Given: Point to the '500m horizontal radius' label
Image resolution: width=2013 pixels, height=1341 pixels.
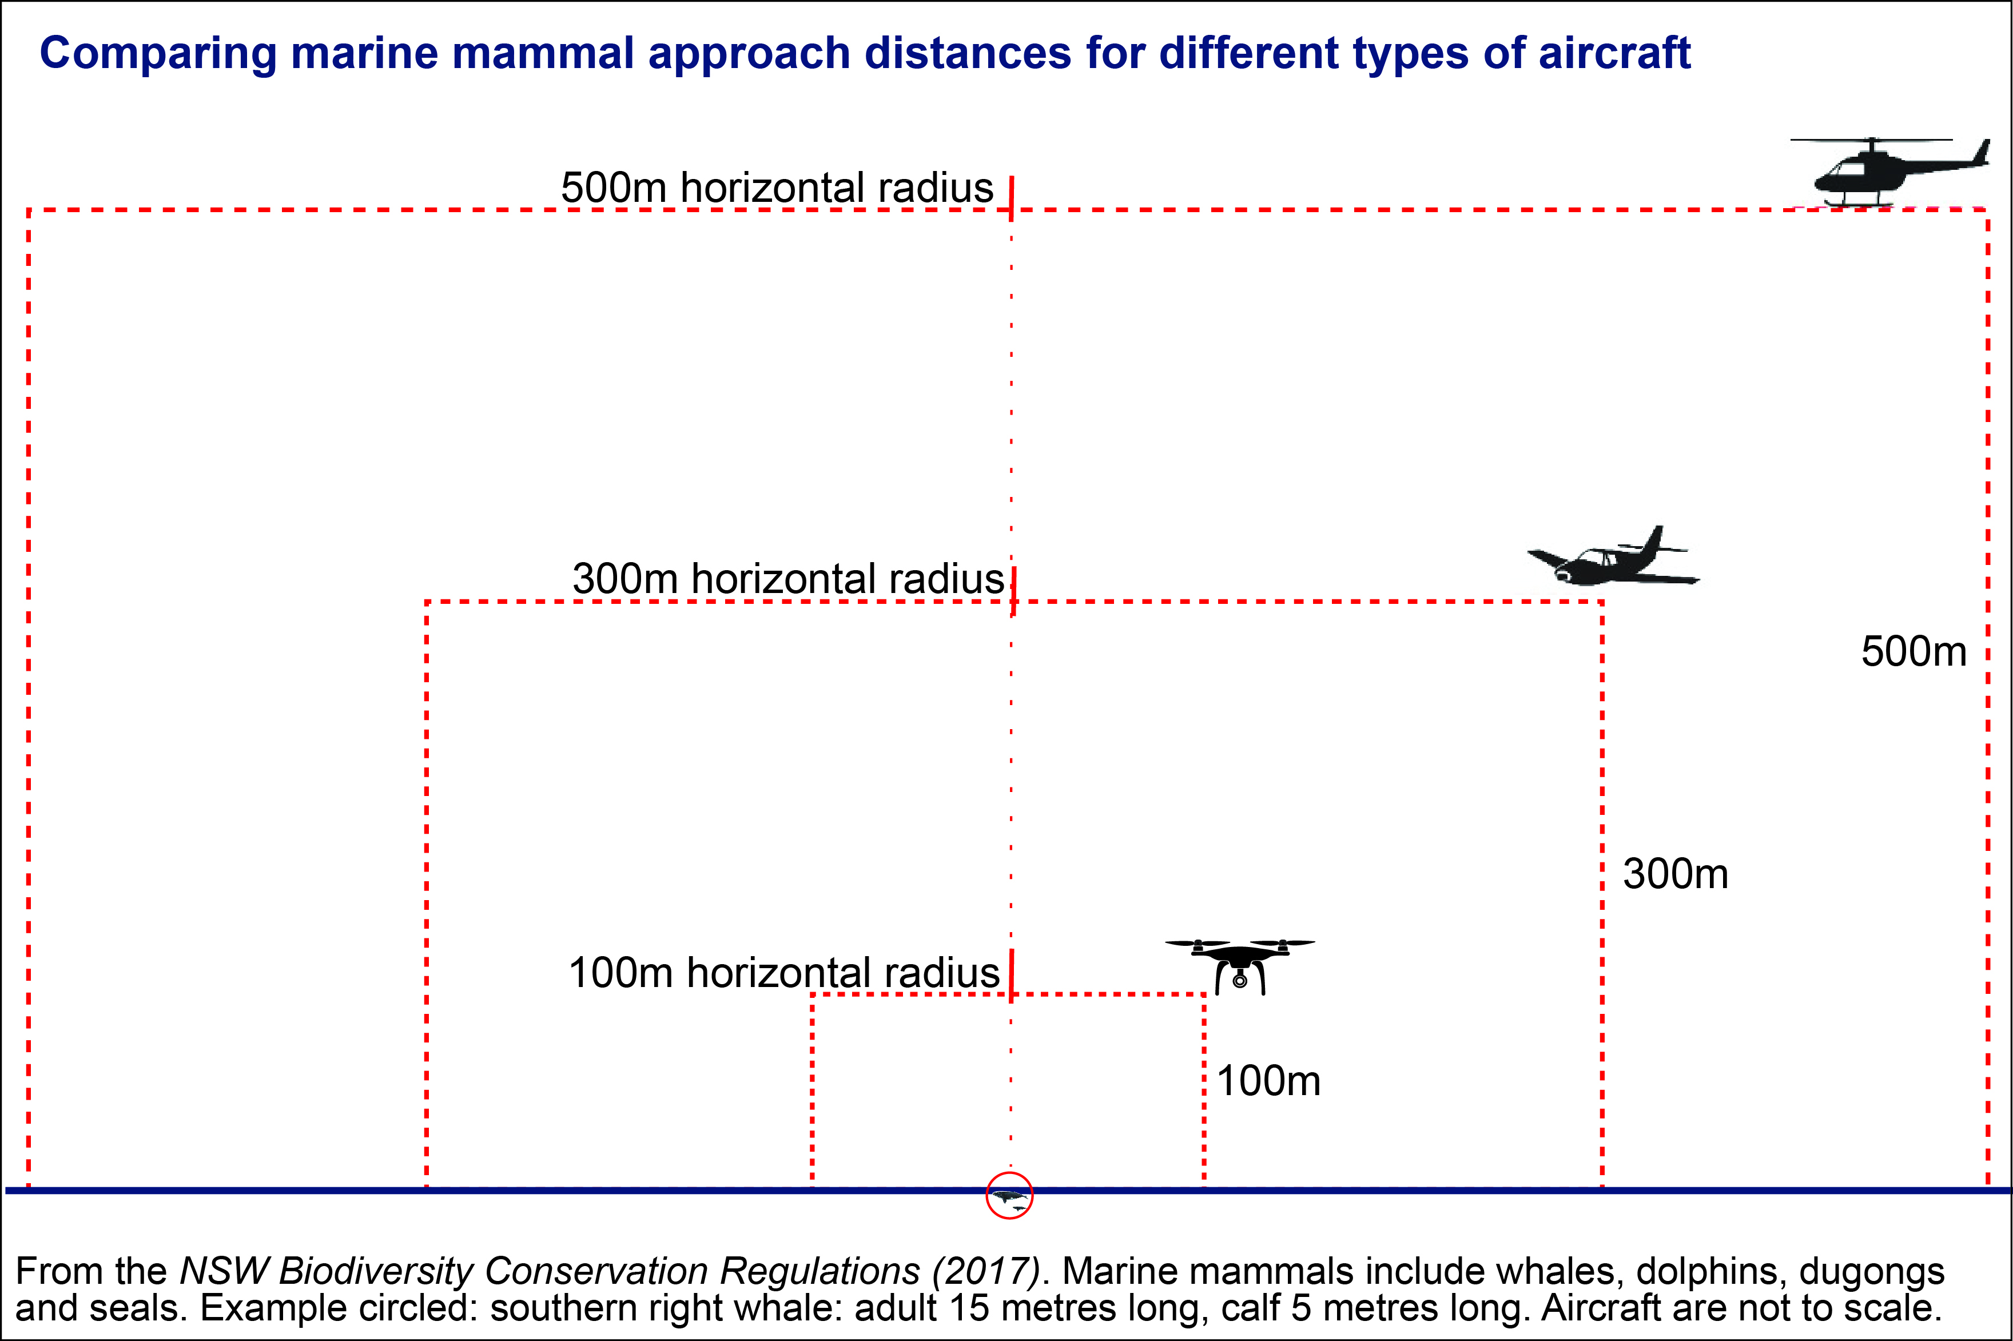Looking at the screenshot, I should (x=777, y=188).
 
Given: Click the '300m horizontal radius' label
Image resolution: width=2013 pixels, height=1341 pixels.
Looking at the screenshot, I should (x=787, y=579).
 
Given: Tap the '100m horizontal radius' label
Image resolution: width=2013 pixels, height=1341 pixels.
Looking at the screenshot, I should (x=783, y=973).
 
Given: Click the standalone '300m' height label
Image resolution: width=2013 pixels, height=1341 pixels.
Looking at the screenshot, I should (x=1675, y=874).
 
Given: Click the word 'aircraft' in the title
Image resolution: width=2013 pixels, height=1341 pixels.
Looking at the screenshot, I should (x=1614, y=53).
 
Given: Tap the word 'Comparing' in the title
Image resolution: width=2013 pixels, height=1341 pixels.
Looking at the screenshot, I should (x=158, y=53).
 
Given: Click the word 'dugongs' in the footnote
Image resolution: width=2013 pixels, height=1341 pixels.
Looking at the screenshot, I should (x=1871, y=1272).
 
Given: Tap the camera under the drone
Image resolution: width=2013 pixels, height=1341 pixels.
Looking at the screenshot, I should (x=1240, y=980).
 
